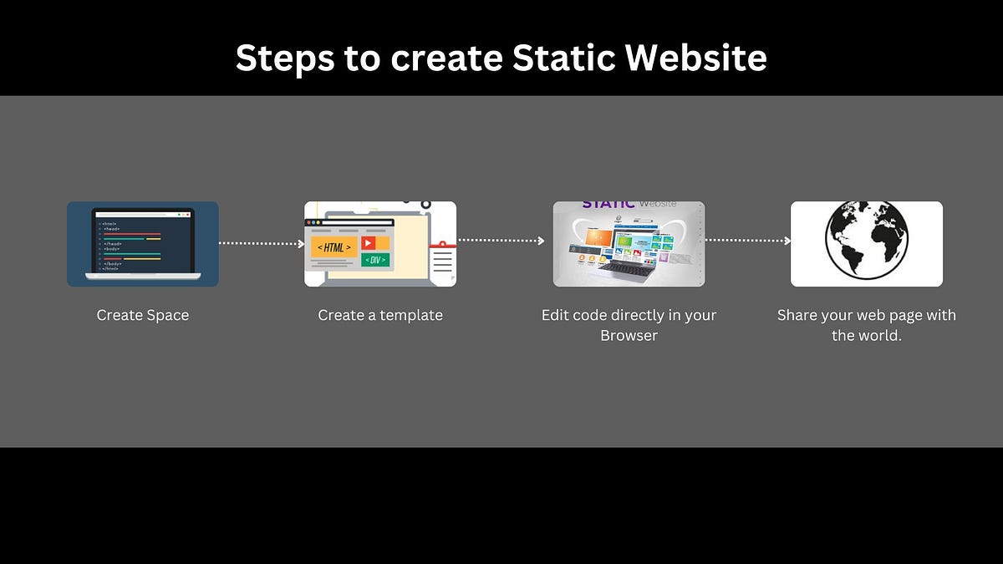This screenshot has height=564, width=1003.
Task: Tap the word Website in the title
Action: pos(696,58)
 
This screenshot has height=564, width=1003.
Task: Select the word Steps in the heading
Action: pos(283,58)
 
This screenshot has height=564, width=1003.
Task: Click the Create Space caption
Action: pos(143,315)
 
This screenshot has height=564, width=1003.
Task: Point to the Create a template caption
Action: pos(380,315)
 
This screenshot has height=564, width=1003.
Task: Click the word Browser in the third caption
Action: pos(629,336)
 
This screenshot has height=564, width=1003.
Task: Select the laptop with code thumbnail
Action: pos(143,243)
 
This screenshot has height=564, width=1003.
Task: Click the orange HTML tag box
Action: pos(334,247)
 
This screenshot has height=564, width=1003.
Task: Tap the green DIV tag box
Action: pos(374,260)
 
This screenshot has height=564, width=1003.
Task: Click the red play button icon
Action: pos(369,243)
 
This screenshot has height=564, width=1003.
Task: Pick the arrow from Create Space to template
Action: pos(261,244)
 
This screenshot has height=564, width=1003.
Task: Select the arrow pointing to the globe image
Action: pos(747,241)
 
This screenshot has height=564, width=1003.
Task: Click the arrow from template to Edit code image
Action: pos(501,241)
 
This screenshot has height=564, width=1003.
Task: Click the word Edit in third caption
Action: pos(556,315)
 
